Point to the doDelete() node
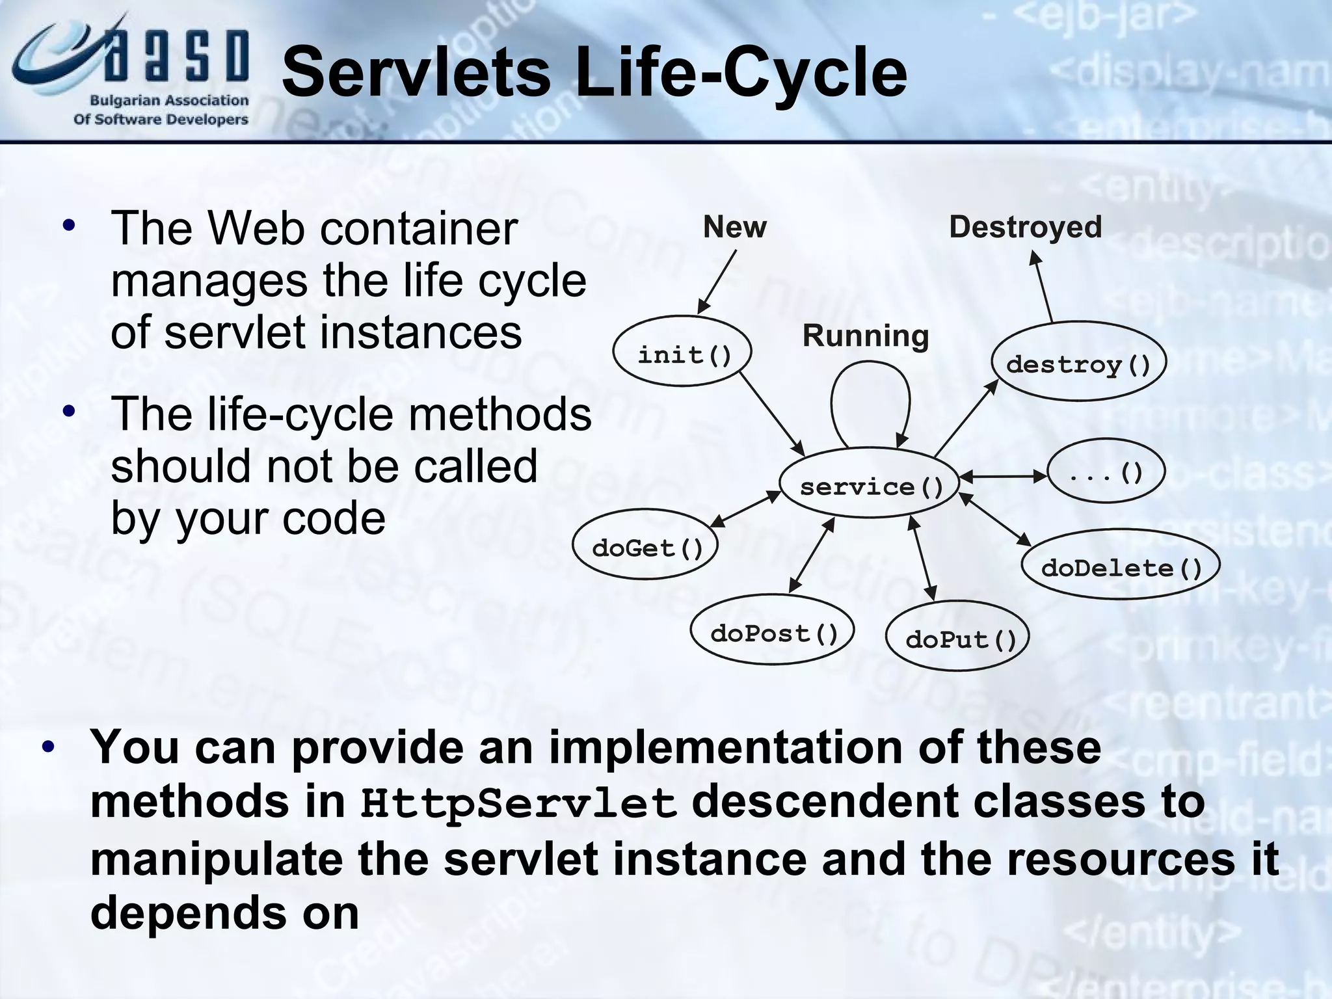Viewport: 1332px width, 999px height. (x=1121, y=565)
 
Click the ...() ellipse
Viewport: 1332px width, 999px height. (x=1106, y=471)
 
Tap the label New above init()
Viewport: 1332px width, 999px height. (x=734, y=227)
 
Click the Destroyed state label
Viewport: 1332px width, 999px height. (x=1025, y=227)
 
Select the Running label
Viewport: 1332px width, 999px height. (x=865, y=336)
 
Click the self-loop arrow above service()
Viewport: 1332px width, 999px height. (x=870, y=371)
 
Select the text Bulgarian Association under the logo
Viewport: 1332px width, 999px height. (x=169, y=101)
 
